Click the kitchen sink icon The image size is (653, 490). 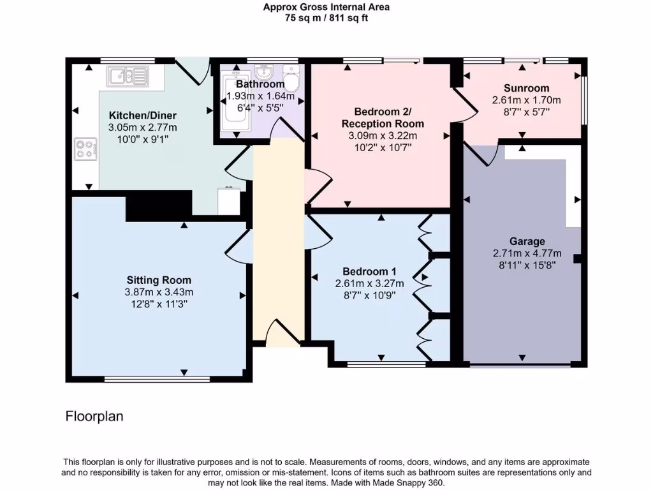128,77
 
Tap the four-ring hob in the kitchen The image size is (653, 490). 85,149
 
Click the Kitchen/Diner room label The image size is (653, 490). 143,115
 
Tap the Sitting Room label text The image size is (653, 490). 159,280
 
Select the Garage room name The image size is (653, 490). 527,241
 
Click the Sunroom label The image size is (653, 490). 526,88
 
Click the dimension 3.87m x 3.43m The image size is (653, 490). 159,292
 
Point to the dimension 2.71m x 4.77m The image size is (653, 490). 527,253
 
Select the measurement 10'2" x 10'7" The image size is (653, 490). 382,147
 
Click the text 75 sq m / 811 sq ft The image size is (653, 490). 326,19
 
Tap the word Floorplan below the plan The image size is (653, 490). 94,417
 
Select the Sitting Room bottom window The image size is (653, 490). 158,379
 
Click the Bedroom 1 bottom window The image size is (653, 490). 386,364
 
